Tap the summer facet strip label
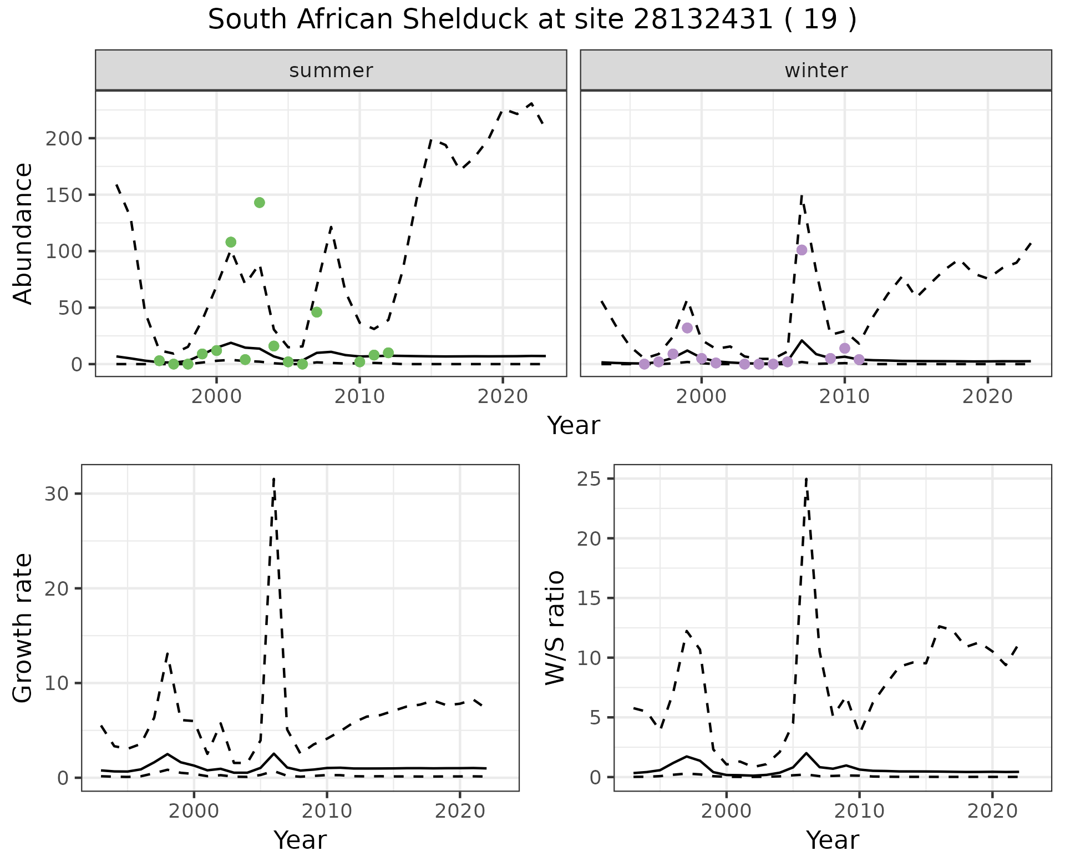(331, 71)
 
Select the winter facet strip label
(816, 71)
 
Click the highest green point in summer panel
(260, 203)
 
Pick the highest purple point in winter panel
(802, 250)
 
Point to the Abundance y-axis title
(23, 233)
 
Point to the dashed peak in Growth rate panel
(274, 479)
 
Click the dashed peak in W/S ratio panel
(806, 479)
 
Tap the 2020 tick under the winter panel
(987, 397)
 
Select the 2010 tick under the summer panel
(359, 397)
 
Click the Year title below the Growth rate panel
(300, 840)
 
